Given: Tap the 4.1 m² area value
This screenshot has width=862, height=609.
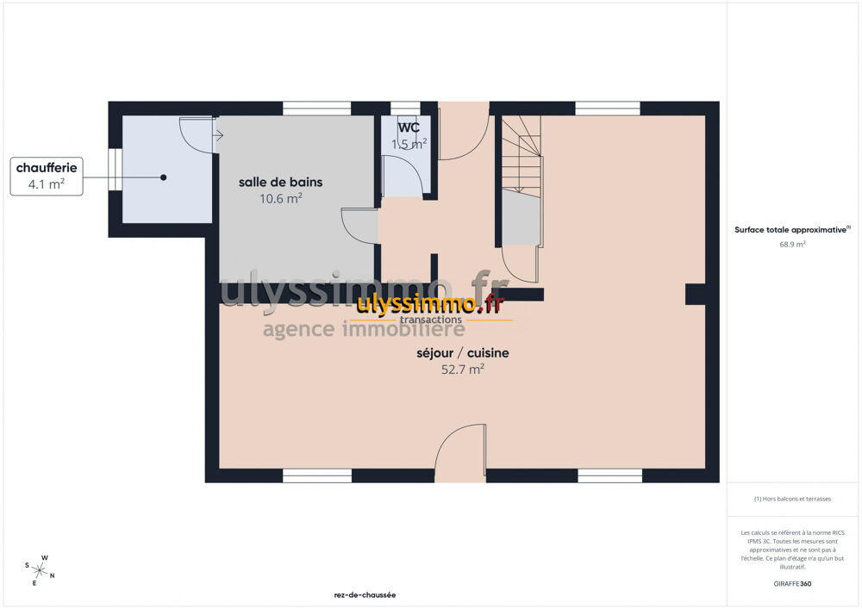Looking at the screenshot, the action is pos(47,184).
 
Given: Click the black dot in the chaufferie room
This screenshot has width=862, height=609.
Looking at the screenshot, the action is pos(163,177).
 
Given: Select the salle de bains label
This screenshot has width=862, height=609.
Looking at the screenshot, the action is pos(280,182).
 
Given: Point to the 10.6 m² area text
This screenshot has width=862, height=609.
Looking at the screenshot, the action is pos(280,198).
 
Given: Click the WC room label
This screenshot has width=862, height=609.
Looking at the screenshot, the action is pos(409,127).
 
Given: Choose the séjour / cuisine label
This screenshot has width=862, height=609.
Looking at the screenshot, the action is pos(462,352).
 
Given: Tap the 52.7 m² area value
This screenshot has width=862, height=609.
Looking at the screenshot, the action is pos(462,369).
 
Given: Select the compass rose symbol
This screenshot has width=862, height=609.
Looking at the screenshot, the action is pos(39,570).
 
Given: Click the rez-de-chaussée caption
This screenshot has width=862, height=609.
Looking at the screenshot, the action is pos(365,594).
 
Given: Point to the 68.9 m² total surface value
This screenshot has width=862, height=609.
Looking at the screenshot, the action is pos(792,245).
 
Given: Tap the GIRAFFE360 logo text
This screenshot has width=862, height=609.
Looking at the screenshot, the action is pos(792,584).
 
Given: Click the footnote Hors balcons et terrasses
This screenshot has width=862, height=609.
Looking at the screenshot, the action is pos(792,499).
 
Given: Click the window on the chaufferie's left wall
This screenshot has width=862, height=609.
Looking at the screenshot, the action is pos(115,170).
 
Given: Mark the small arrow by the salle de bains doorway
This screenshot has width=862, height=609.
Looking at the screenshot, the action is pos(218,135).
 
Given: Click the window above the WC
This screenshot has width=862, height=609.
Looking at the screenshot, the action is pos(405,109).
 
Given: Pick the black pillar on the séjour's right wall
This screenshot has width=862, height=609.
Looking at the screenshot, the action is pos(696,294).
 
